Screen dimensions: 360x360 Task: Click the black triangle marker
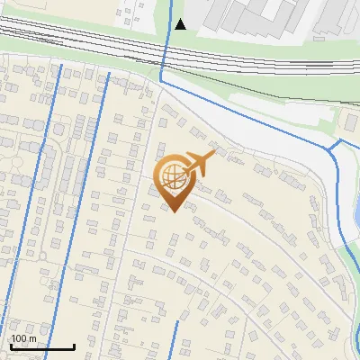(181, 24)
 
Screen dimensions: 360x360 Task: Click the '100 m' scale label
(23, 338)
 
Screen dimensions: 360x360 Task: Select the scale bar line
(42, 346)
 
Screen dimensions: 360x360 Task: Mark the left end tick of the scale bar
(11, 346)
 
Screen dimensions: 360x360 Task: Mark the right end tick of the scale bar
(74, 346)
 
